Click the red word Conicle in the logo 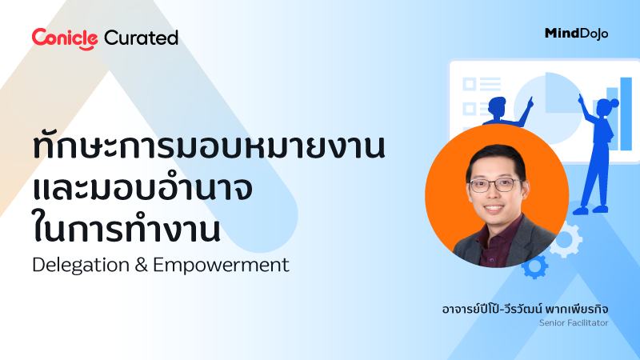coord(65,38)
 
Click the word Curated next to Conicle coord(142,38)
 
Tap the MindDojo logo coord(575,33)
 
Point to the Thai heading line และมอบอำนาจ coord(144,190)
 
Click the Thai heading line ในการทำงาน coord(128,228)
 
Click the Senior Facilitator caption coord(574,323)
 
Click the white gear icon coord(566,239)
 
